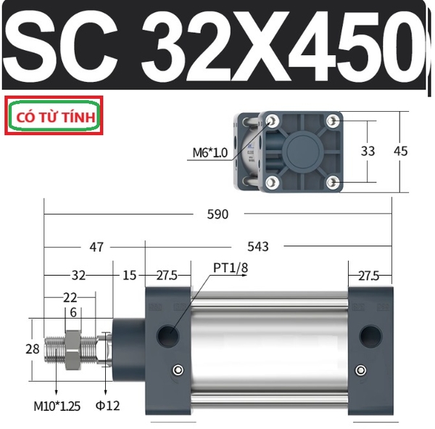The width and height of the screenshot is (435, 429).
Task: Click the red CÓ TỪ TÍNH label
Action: tap(56, 117)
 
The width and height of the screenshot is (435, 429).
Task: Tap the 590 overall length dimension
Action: tap(217, 214)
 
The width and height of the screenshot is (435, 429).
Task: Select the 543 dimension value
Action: tap(258, 247)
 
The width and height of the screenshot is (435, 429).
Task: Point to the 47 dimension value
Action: tap(96, 247)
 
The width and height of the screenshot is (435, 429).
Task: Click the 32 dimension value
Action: tap(78, 275)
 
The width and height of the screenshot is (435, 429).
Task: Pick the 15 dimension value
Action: tap(129, 275)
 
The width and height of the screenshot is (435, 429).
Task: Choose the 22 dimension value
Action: tap(70, 298)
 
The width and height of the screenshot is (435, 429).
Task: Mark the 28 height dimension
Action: tap(33, 349)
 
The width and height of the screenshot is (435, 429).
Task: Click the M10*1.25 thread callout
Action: tap(57, 406)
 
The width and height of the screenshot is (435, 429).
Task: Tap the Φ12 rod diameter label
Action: tap(107, 406)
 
